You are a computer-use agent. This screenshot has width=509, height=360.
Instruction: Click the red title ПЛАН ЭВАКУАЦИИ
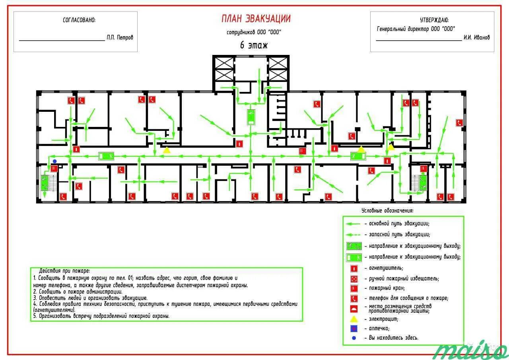pyautogui.click(x=256, y=19)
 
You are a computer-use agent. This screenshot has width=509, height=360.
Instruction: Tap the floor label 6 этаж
pyautogui.click(x=254, y=45)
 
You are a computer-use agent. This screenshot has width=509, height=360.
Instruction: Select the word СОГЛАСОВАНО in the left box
pyautogui.click(x=79, y=20)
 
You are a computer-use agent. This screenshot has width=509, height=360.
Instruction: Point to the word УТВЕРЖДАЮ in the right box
pyautogui.click(x=434, y=20)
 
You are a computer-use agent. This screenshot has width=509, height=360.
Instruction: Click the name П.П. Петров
pyautogui.click(x=120, y=37)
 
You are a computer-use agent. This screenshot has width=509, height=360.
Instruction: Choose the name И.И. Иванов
pyautogui.click(x=476, y=37)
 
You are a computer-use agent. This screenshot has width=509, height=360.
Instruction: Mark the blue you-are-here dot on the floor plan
pyautogui.click(x=55, y=161)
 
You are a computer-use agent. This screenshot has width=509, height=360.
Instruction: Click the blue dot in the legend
pyautogui.click(x=354, y=338)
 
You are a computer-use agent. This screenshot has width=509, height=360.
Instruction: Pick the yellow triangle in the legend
pyautogui.click(x=354, y=319)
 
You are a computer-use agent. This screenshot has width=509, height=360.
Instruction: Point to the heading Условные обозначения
pyautogui.click(x=387, y=210)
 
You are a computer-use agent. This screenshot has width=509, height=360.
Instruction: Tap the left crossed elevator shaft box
pyautogui.click(x=223, y=69)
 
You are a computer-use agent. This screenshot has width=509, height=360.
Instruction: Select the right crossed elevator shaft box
pyautogui.click(x=278, y=69)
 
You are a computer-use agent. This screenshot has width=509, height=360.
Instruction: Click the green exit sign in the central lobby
pyautogui.click(x=251, y=117)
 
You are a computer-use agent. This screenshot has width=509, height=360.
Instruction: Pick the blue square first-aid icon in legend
pyautogui.click(x=354, y=329)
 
